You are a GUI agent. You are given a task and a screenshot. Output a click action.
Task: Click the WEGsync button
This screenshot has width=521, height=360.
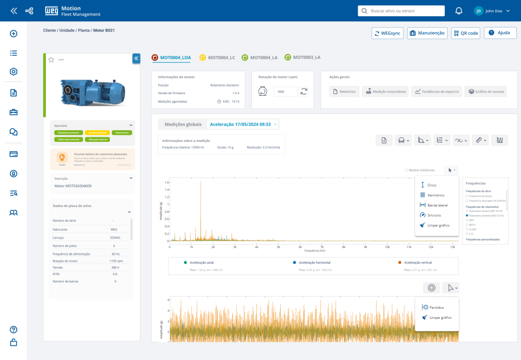[x=387, y=33]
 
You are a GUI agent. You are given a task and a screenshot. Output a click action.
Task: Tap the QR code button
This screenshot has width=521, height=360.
[x=465, y=33]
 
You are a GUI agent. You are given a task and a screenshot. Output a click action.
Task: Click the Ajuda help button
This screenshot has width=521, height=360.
[x=500, y=33]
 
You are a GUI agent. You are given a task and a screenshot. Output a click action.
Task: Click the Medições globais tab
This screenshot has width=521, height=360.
[x=183, y=124]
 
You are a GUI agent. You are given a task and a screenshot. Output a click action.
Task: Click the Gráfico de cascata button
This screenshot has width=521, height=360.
[x=484, y=92]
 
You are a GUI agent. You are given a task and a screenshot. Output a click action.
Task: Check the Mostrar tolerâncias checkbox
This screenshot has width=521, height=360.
[x=406, y=170]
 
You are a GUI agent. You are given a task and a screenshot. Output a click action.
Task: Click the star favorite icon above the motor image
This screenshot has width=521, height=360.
[x=51, y=60]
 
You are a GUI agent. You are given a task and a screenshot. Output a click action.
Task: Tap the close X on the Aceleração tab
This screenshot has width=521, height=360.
[x=275, y=124]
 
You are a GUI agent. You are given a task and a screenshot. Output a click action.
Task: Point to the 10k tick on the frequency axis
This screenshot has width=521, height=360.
[x=388, y=247]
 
